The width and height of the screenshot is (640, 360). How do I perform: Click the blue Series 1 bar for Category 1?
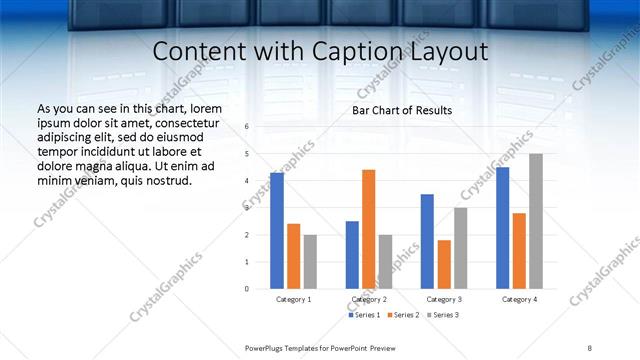277,231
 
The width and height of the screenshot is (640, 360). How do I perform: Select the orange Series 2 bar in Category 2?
369,229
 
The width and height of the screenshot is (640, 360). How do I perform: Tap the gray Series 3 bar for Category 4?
536,221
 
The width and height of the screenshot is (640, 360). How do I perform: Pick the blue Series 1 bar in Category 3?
427,241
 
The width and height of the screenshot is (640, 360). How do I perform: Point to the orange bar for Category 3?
444,264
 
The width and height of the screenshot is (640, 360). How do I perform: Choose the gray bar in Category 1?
310,261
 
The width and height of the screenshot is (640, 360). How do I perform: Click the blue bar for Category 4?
502,228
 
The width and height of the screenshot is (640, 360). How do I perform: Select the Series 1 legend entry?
365,315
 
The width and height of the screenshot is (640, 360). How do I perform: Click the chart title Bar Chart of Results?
402,110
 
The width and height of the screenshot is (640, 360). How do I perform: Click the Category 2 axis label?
369,299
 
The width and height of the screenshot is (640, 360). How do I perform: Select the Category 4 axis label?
519,299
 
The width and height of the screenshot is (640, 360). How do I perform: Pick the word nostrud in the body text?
166,181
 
